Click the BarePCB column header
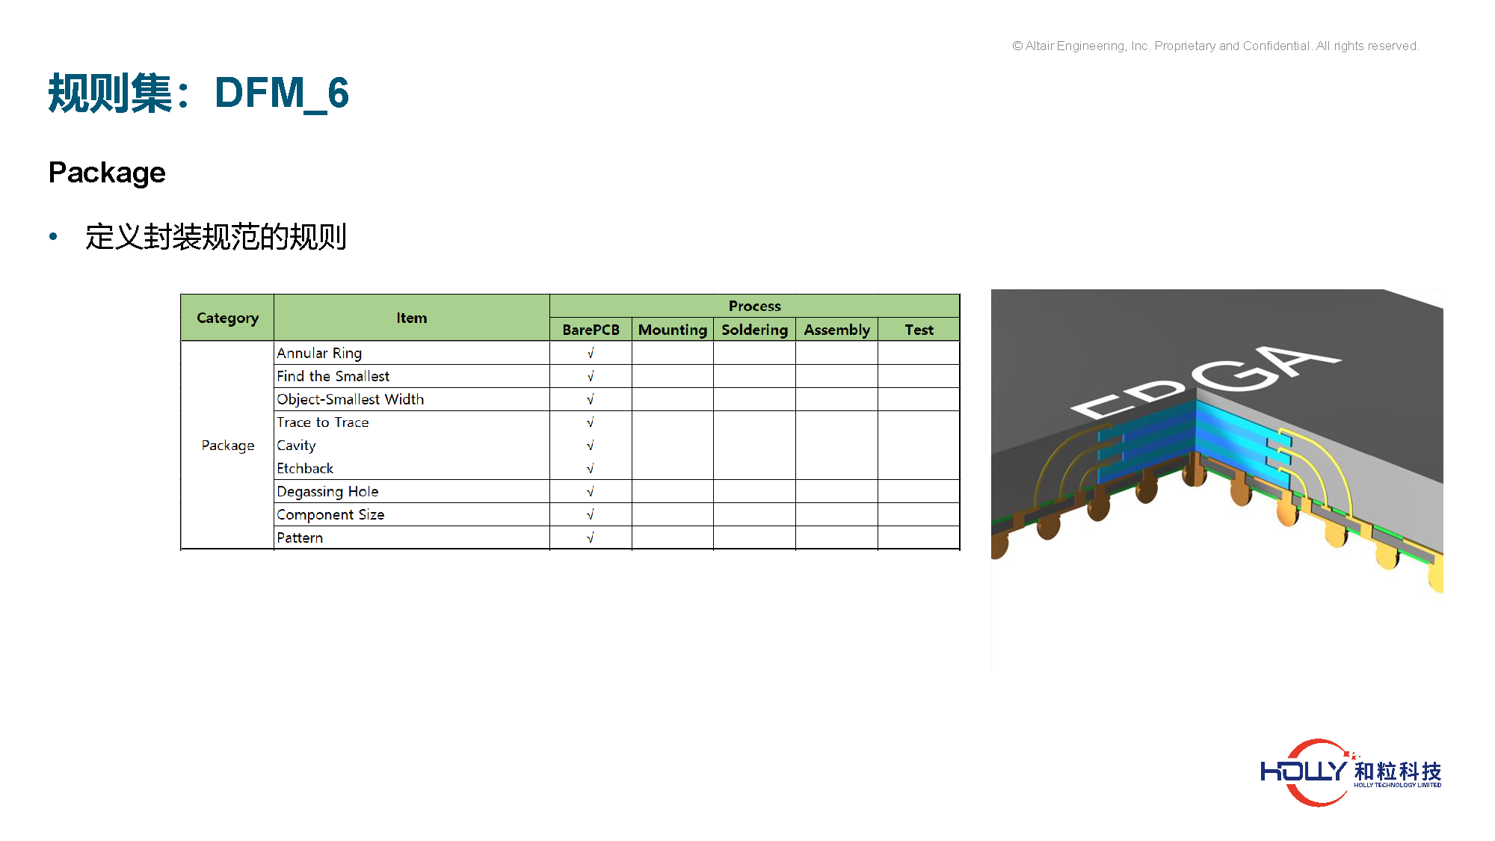coord(591,330)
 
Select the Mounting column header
coord(673,330)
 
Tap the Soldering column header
coord(754,330)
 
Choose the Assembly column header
coord(836,330)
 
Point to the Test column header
coord(919,330)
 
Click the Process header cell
coord(754,306)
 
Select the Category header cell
coord(227,318)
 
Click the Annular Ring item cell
coord(319,353)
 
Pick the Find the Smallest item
coord(333,376)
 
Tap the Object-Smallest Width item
coord(350,399)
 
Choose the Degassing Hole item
coord(327,491)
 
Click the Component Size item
coord(330,514)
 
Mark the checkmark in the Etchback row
coord(590,469)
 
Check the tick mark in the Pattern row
coord(590,537)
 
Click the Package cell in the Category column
coord(228,446)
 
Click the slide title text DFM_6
coord(282,93)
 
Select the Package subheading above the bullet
coord(107,173)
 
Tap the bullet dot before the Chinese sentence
coord(53,237)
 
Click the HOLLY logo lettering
coord(1304,771)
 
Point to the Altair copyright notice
coord(1215,46)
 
